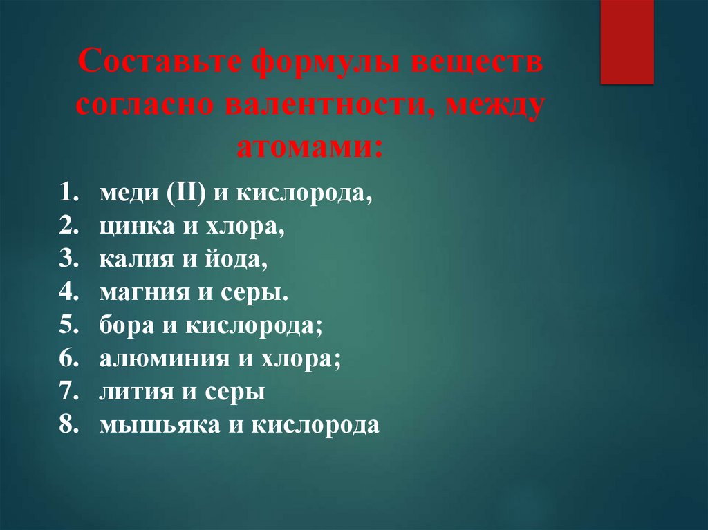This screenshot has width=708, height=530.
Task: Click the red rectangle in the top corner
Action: (x=626, y=41)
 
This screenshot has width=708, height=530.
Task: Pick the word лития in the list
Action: (x=133, y=392)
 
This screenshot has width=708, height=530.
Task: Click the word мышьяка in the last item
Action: (x=156, y=425)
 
